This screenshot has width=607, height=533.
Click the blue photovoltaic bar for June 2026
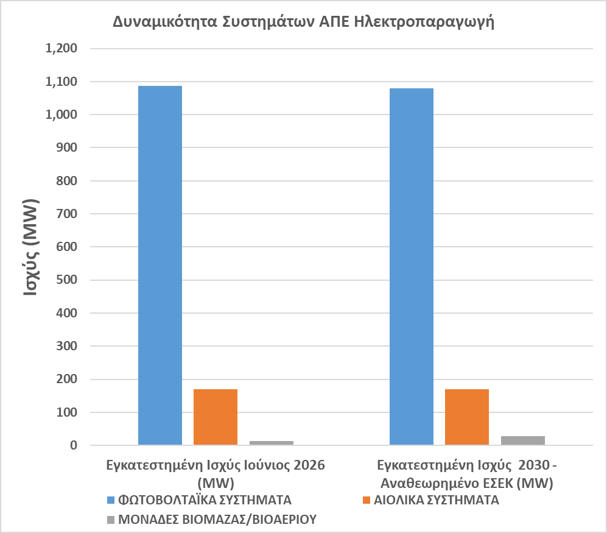click(x=160, y=266)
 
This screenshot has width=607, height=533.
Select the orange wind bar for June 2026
click(x=216, y=417)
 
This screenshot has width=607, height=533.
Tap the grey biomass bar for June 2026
click(x=272, y=443)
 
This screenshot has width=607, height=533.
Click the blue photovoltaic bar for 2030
click(x=412, y=267)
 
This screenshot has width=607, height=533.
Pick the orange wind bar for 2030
click(x=467, y=417)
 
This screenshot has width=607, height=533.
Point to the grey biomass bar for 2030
click(x=523, y=440)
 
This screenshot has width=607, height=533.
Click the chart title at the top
click(x=303, y=22)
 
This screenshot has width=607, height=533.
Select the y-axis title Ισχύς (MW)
click(x=31, y=247)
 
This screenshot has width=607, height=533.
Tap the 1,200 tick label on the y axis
click(x=61, y=48)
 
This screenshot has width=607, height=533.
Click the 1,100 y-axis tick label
click(x=61, y=82)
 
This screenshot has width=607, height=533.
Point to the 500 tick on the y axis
click(x=66, y=280)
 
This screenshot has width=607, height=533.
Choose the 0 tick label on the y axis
click(x=74, y=445)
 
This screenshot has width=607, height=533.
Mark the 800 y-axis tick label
click(x=66, y=180)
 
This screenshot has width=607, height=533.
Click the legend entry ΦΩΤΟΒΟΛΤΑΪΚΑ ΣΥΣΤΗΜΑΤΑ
click(x=205, y=500)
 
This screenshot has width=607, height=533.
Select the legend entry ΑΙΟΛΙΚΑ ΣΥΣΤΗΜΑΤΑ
click(x=437, y=500)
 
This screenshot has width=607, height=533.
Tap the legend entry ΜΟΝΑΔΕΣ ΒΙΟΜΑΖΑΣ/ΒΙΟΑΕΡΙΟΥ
click(x=217, y=520)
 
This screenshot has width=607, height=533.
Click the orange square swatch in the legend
click(x=367, y=500)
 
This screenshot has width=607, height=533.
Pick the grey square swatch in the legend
click(x=111, y=520)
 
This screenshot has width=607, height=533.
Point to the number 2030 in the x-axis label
click(x=534, y=465)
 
